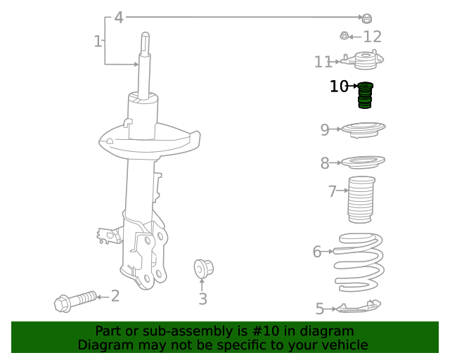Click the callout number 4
(119, 18)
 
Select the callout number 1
(98, 41)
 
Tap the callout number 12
(372, 37)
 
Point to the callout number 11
(323, 63)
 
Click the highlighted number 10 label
(339, 86)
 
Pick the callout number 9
(325, 129)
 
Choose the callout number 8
(325, 164)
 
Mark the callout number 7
(333, 191)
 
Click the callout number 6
(317, 251)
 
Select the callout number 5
(320, 308)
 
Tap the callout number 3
(202, 300)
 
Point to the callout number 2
(115, 297)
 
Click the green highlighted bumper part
(365, 95)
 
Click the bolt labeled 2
(75, 301)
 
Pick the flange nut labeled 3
(202, 268)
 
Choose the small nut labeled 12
(345, 36)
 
